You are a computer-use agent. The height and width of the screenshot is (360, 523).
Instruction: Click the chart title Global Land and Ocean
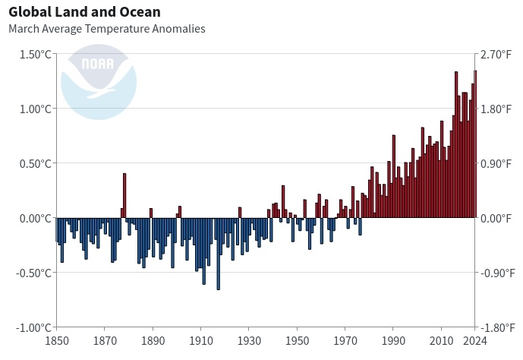[x=84, y=12]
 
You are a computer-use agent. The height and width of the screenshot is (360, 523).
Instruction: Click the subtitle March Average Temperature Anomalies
[x=106, y=29]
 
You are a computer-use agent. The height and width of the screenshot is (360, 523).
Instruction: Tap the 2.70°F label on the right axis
[x=496, y=55]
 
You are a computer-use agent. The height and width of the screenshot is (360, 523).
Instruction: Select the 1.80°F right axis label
[x=496, y=109]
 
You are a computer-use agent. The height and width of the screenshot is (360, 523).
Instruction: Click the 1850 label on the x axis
[x=56, y=341]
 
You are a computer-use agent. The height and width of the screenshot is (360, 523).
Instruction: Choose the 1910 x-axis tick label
[x=200, y=341]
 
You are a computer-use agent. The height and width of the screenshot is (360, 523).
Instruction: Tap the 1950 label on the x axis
[x=297, y=341]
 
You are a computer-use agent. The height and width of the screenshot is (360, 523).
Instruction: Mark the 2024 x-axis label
[x=474, y=341]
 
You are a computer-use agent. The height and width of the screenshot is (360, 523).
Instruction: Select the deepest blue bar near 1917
[x=218, y=254]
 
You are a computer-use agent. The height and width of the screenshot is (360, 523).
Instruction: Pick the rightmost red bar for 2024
[x=475, y=144]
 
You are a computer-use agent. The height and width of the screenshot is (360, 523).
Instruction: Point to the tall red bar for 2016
[x=456, y=145]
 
